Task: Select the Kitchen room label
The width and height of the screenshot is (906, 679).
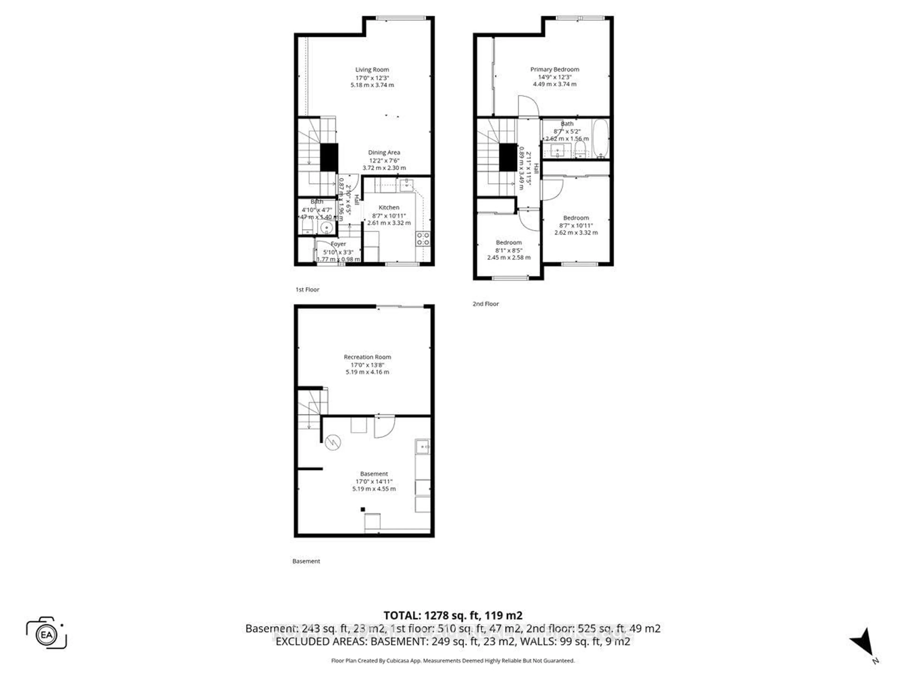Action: point(389,207)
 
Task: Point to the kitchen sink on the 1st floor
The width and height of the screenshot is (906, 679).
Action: point(407,185)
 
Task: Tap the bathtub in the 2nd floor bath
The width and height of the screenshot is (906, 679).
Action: point(600,138)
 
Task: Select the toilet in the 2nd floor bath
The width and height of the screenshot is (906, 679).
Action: point(580,148)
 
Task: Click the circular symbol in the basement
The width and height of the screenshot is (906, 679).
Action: point(333,443)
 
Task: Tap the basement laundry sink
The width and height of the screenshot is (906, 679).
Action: point(423,447)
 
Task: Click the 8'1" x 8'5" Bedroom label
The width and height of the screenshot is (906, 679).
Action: point(509,243)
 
